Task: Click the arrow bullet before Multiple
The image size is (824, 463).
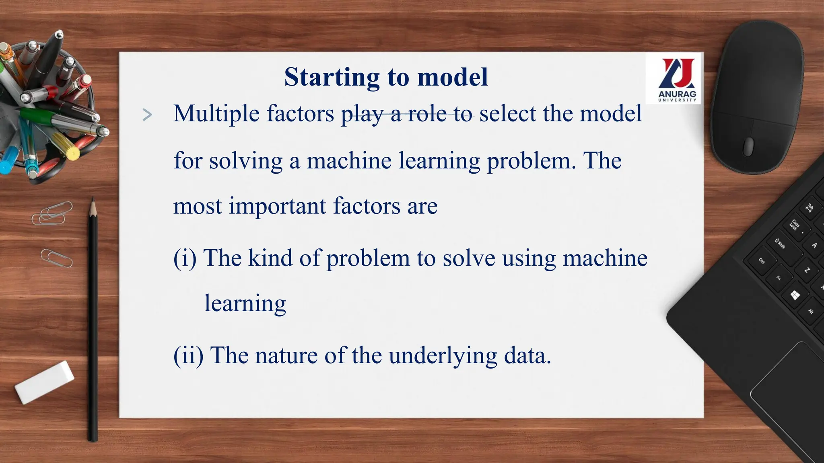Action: coord(147,115)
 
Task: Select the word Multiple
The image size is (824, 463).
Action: coord(216,114)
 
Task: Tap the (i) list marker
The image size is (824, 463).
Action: coord(185,258)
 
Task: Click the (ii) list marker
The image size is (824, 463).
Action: coord(188,356)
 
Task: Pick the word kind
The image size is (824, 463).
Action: coord(270,258)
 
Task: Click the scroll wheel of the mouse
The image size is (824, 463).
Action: coord(748,146)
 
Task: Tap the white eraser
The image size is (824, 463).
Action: coord(44,382)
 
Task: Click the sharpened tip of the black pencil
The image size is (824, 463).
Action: coord(93,205)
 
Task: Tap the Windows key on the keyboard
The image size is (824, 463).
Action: coord(795,296)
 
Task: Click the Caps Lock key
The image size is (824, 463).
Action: coord(793,225)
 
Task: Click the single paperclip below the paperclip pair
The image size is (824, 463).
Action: coord(56,258)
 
